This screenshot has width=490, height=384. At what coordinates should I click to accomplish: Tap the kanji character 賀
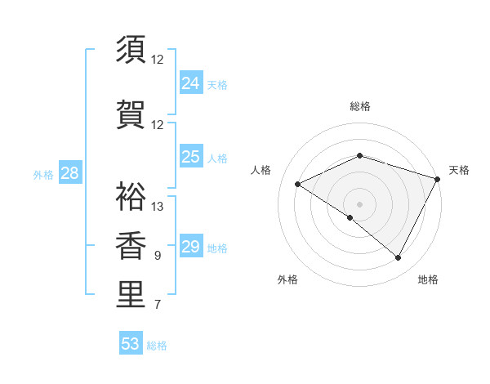pyautogui.click(x=131, y=114)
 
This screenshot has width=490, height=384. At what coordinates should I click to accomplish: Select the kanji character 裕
pyautogui.click(x=131, y=195)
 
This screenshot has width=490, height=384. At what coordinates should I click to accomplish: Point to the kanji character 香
pyautogui.click(x=131, y=245)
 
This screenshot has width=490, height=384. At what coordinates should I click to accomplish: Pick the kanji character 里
pyautogui.click(x=131, y=295)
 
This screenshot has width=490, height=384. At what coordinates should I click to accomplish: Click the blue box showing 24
pyautogui.click(x=191, y=83)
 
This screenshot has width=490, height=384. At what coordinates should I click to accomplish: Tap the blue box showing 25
pyautogui.click(x=191, y=157)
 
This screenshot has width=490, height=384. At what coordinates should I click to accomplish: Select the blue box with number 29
pyautogui.click(x=191, y=247)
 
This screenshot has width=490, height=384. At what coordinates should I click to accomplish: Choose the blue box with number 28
pyautogui.click(x=69, y=173)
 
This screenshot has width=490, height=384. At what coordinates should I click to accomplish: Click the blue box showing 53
pyautogui.click(x=131, y=344)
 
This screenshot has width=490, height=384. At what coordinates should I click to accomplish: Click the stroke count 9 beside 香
pyautogui.click(x=158, y=256)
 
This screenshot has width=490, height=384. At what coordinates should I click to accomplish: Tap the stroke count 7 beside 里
pyautogui.click(x=158, y=306)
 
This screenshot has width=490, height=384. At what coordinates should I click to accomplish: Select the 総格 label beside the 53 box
pyautogui.click(x=157, y=346)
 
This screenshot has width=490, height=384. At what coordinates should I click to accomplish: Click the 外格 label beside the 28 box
pyautogui.click(x=43, y=174)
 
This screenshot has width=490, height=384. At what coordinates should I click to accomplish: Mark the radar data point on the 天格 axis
pyautogui.click(x=438, y=178)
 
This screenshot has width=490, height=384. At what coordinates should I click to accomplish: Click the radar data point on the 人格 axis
pyautogui.click(x=298, y=184)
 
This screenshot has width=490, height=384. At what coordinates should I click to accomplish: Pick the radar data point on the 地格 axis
pyautogui.click(x=399, y=257)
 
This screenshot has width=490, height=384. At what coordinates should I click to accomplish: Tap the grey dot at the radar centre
pyautogui.click(x=359, y=203)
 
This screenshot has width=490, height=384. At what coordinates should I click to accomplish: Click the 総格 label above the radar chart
pyautogui.click(x=360, y=106)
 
